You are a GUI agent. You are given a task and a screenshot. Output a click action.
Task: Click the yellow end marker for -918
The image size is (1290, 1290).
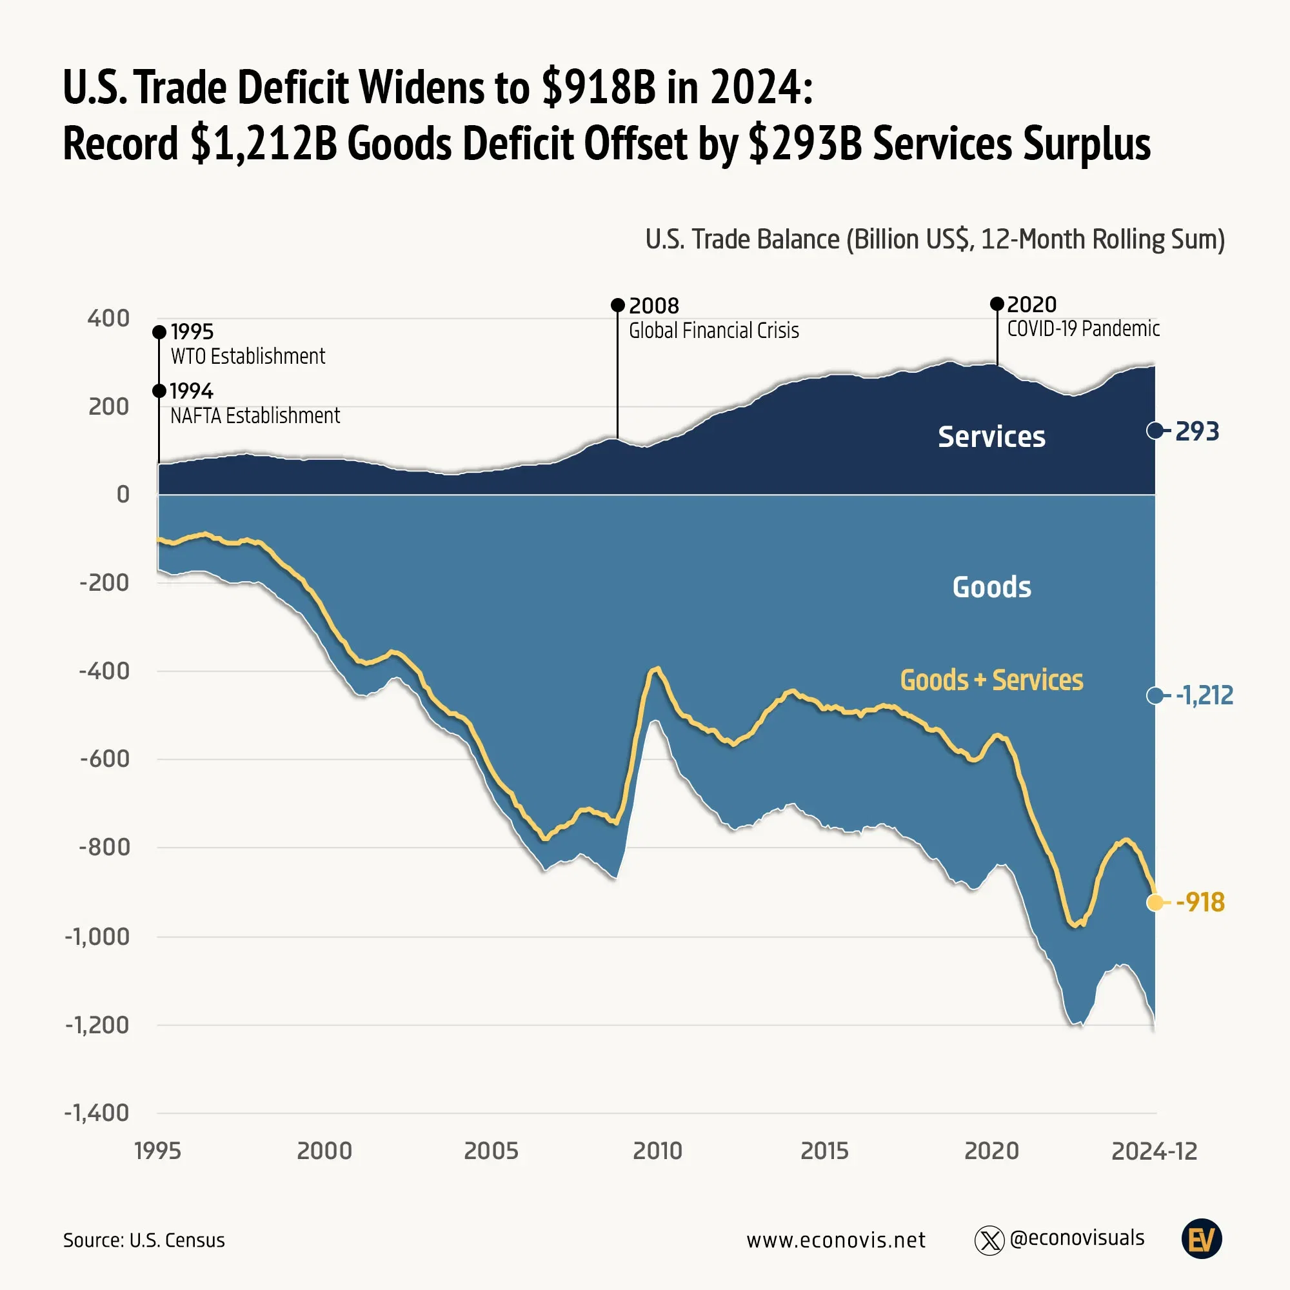1155,903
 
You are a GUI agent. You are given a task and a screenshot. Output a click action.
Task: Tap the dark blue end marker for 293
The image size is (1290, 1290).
1155,431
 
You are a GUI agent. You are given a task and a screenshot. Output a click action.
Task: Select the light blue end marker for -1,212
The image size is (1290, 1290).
1155,696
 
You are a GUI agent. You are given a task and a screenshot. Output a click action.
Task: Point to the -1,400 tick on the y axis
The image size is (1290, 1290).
97,1113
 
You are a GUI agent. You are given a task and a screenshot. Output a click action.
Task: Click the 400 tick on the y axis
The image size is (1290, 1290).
108,319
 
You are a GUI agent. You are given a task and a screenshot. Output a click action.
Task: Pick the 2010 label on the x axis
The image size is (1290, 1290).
658,1151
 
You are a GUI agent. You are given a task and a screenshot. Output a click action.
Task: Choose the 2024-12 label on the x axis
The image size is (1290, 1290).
1154,1151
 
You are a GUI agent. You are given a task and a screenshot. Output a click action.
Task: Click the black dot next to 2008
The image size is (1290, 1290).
618,306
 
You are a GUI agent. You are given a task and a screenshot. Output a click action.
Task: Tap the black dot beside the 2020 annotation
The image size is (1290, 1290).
997,304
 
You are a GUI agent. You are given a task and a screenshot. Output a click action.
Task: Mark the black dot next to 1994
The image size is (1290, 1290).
159,391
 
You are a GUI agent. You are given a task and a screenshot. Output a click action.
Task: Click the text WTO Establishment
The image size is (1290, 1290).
248,357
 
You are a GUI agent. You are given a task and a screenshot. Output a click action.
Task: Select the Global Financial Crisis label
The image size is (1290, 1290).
714,330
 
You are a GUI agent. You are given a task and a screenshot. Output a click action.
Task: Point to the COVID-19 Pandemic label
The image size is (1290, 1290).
1083,328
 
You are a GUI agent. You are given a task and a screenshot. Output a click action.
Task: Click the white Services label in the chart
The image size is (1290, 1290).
991,437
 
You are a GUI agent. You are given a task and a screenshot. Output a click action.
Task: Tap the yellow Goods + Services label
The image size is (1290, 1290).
991,680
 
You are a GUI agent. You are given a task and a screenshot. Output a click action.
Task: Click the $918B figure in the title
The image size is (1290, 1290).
599,88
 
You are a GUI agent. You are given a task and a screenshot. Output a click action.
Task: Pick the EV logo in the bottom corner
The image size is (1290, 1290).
1201,1239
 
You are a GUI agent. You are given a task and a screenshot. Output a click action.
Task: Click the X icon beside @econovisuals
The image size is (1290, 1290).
989,1240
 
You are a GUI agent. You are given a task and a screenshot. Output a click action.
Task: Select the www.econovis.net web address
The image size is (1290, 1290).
836,1240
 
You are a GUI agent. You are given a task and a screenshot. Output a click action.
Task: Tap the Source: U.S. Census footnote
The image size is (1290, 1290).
144,1240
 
